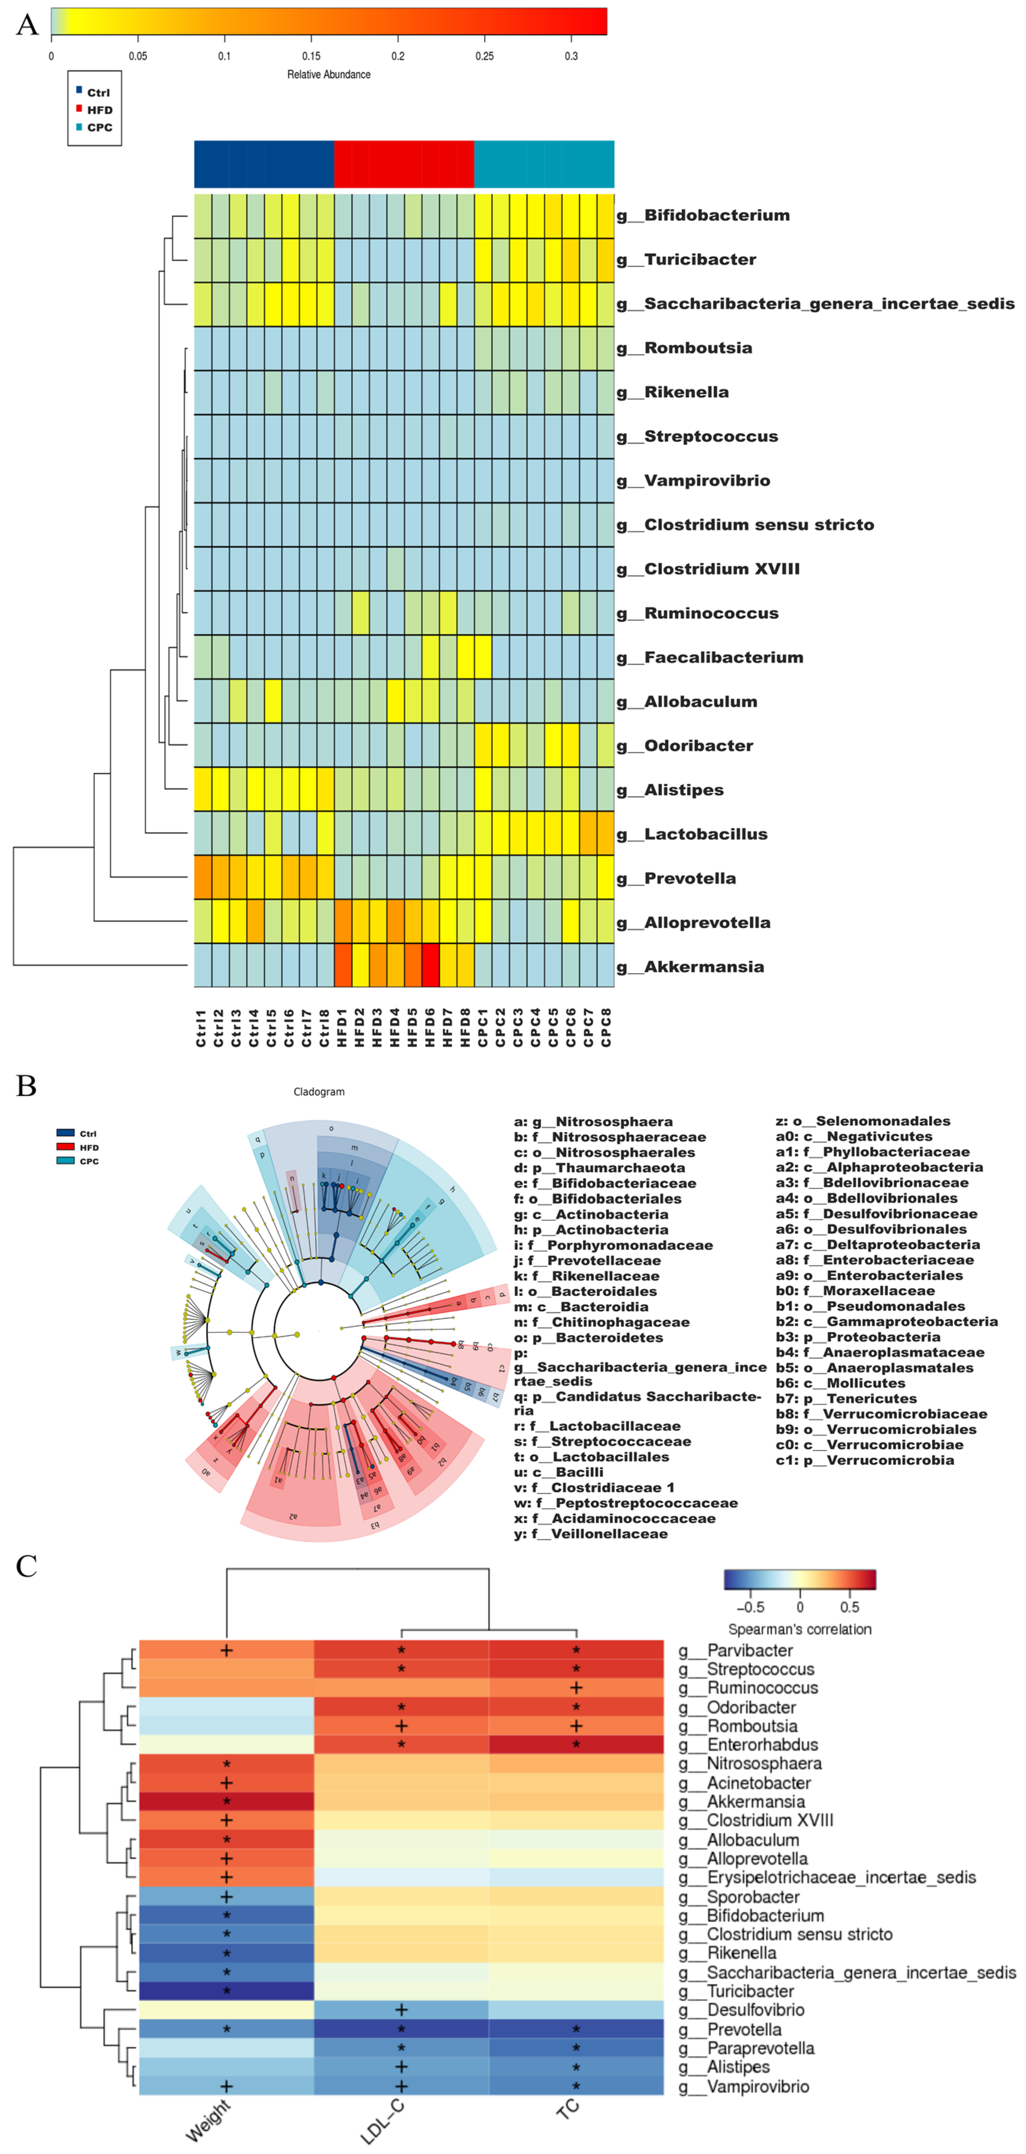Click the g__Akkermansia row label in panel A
[x=691, y=967]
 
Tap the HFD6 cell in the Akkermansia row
[x=431, y=966]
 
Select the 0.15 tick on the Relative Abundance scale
[x=311, y=56]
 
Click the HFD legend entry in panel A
[x=99, y=109]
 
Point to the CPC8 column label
[x=606, y=1027]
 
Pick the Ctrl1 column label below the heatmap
[x=202, y=1027]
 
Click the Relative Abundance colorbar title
[x=329, y=74]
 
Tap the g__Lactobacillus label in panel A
[x=692, y=834]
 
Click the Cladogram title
[x=318, y=1091]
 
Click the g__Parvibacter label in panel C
[x=736, y=1650]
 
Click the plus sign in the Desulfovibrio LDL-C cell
[x=401, y=2009]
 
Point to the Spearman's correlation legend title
[x=799, y=1629]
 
